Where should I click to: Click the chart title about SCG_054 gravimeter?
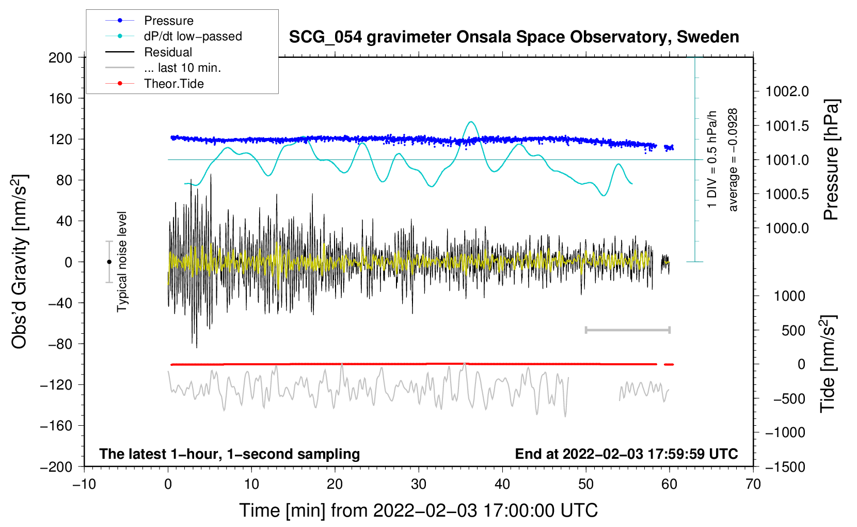click(x=514, y=37)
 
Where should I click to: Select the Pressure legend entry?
click(x=168, y=21)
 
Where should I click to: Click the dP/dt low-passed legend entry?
click(x=193, y=36)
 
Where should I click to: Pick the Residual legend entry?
click(x=168, y=52)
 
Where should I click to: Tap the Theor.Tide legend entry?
click(x=173, y=84)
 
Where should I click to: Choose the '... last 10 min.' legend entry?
click(x=182, y=68)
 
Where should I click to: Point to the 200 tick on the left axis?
click(x=60, y=57)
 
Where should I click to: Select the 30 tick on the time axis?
click(x=419, y=484)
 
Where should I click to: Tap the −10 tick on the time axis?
click(x=84, y=484)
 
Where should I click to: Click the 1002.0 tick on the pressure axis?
click(x=787, y=91)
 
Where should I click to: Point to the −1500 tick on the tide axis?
click(x=785, y=467)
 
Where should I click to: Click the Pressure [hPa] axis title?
click(x=831, y=160)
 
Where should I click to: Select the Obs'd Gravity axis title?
click(x=20, y=262)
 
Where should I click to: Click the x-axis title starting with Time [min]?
click(x=419, y=510)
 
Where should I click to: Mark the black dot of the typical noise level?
click(x=109, y=262)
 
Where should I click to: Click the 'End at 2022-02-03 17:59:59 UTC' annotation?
click(x=626, y=454)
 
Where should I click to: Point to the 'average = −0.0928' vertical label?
click(x=733, y=160)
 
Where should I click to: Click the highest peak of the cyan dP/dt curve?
click(x=471, y=122)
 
